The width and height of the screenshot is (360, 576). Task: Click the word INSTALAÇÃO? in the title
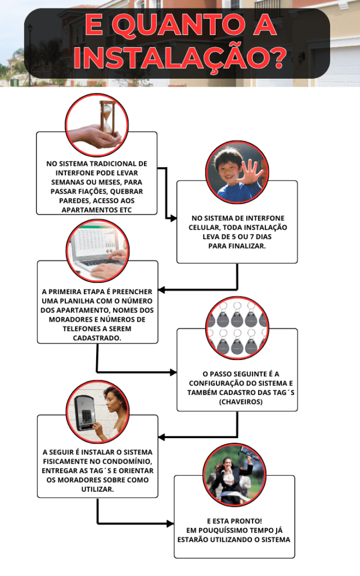click(180, 57)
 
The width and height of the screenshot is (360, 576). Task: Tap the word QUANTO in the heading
click(178, 25)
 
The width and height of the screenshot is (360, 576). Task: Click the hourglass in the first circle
click(106, 118)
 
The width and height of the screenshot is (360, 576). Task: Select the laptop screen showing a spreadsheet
click(97, 243)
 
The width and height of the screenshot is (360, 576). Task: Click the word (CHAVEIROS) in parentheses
click(241, 402)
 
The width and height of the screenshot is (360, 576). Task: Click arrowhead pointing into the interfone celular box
click(173, 218)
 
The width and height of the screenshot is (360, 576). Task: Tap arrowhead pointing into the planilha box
click(162, 290)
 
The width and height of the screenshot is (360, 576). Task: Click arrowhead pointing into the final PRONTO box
click(170, 524)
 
